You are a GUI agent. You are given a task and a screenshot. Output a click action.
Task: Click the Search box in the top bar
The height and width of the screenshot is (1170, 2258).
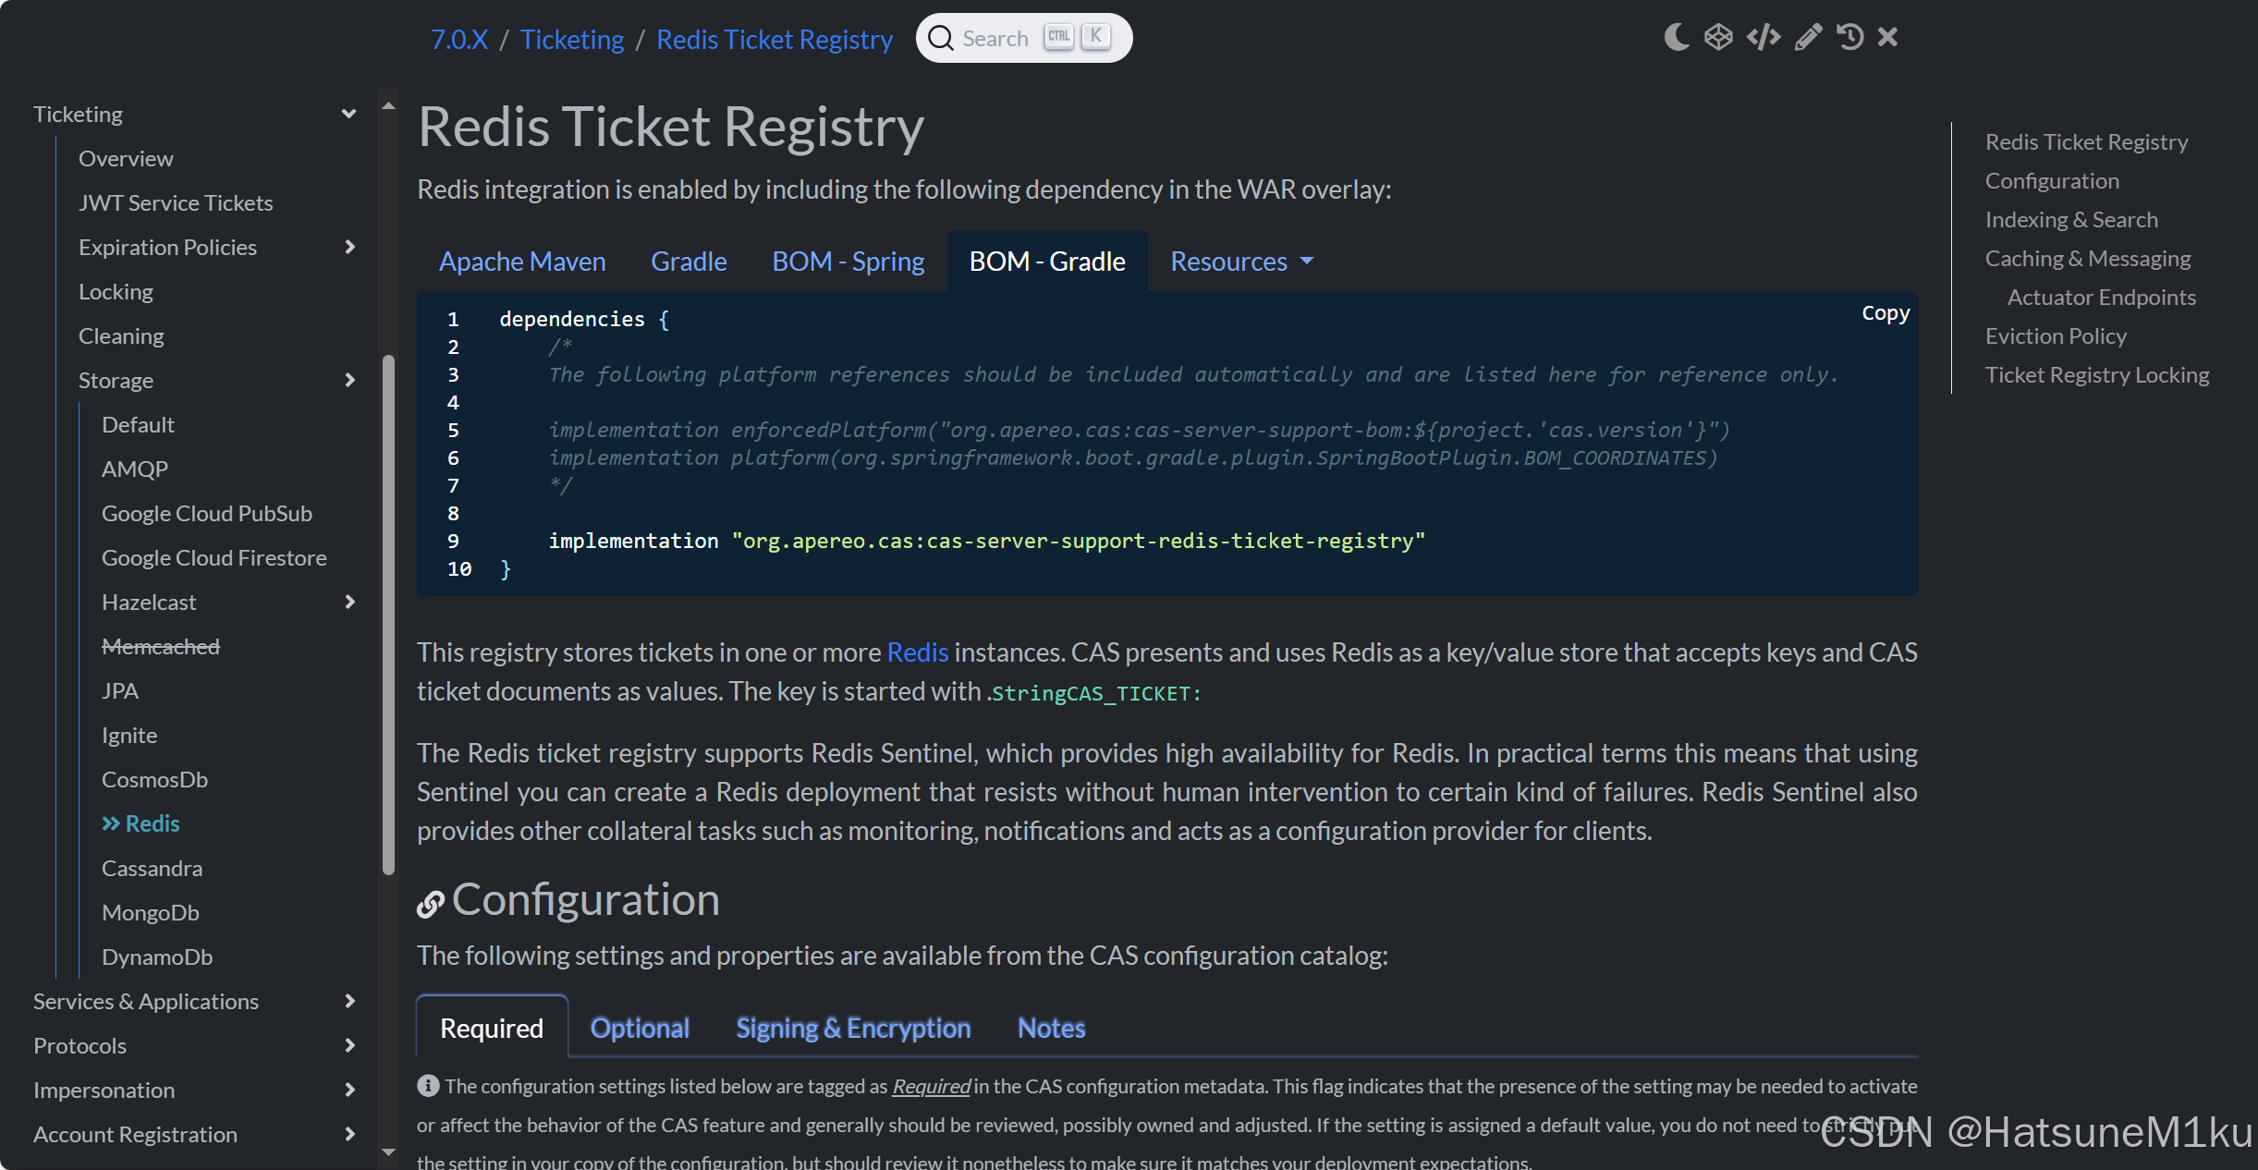click(1022, 38)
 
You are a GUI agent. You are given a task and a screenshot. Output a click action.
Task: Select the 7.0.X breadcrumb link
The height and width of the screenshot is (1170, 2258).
click(458, 40)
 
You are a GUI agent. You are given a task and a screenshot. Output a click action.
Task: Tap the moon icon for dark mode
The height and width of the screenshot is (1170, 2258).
click(1676, 37)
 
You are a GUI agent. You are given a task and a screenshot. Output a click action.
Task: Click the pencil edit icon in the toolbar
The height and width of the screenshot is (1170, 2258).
click(1807, 37)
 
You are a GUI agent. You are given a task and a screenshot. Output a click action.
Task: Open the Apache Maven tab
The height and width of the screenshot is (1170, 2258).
click(522, 262)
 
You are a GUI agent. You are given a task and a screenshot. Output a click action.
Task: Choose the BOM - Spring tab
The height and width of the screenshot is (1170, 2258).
click(848, 262)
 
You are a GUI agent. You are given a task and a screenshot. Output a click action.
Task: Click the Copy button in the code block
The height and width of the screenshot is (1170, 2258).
click(1885, 313)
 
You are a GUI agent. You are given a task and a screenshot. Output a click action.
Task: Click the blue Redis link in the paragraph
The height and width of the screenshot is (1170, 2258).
click(917, 652)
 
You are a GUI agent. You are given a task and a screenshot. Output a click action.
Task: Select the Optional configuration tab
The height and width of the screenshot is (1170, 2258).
click(640, 1028)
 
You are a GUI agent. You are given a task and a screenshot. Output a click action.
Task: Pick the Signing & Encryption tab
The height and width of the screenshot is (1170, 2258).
click(852, 1028)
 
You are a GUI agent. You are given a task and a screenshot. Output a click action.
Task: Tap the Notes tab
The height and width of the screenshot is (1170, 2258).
click(1051, 1028)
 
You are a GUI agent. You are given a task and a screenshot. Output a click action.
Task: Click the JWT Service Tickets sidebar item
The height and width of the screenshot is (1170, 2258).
click(176, 203)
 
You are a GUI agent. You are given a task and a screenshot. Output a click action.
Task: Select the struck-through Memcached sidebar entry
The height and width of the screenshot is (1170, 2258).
click(161, 647)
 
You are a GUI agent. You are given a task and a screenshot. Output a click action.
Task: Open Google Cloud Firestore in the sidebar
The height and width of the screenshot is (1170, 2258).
click(214, 558)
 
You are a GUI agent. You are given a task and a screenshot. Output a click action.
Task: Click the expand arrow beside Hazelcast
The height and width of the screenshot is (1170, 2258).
click(349, 603)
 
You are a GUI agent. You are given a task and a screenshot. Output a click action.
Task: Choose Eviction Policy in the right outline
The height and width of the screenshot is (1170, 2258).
click(2055, 336)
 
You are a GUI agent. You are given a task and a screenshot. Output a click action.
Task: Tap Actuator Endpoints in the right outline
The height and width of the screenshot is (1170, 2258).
click(2101, 298)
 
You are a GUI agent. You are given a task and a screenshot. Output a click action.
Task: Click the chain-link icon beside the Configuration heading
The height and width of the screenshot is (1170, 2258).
click(430, 903)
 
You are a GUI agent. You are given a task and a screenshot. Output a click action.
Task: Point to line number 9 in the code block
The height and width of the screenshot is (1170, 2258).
click(453, 542)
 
